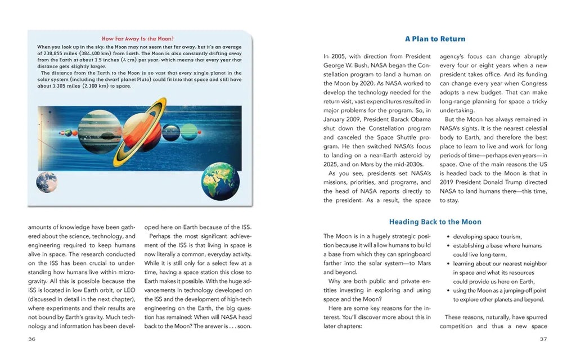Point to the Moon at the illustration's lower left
tap(46, 182)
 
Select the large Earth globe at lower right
tap(220, 181)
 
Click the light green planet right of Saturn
tap(188, 132)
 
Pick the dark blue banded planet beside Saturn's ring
tap(170, 132)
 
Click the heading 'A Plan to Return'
tap(435, 39)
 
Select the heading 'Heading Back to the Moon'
tap(435, 222)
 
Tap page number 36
tap(32, 339)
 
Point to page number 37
tap(543, 339)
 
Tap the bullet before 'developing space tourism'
tap(448, 237)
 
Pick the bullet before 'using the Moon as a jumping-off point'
tap(448, 291)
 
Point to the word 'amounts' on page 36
tap(40, 227)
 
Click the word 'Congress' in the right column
tap(533, 83)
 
